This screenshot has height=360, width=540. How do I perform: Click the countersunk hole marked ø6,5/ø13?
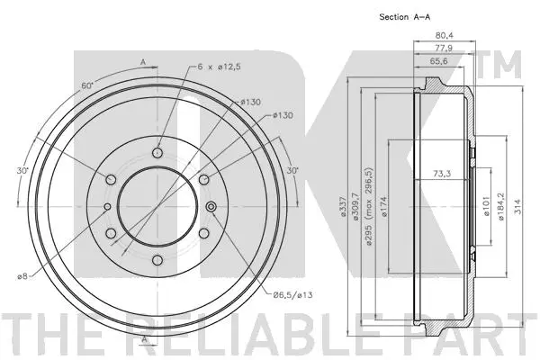tap(211, 209)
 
